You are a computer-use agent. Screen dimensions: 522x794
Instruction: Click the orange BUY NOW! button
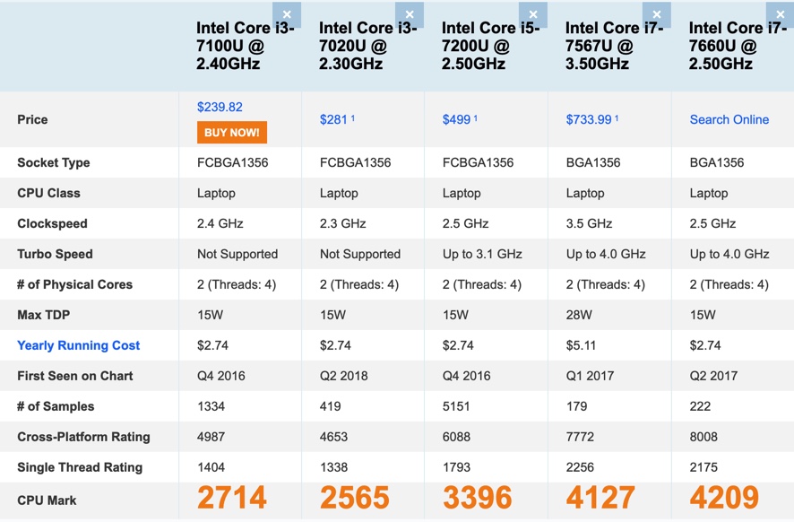click(231, 133)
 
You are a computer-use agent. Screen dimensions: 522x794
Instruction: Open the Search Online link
click(729, 119)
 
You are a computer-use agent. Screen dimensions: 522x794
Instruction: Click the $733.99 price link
click(589, 119)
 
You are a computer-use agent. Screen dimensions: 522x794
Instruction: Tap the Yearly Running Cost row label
click(79, 345)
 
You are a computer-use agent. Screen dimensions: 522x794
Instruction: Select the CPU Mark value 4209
click(724, 498)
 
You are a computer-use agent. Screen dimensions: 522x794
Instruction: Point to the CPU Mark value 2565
click(355, 498)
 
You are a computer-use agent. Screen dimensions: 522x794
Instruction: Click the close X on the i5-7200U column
click(533, 14)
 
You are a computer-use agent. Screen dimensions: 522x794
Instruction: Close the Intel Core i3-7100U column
click(287, 14)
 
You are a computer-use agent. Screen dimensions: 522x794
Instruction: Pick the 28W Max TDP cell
click(579, 315)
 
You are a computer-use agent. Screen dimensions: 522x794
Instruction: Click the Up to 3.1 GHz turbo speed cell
click(482, 254)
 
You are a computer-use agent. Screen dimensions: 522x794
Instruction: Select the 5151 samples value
click(456, 406)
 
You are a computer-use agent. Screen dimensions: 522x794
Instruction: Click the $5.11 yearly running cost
click(581, 345)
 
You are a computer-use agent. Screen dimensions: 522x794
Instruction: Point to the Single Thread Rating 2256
click(583, 467)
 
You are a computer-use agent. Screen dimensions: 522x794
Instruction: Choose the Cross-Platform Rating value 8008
click(704, 437)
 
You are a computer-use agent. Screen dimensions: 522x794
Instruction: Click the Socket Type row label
click(54, 162)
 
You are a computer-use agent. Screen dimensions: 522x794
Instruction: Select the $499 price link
click(456, 119)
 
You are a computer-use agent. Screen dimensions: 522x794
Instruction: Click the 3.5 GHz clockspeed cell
click(589, 223)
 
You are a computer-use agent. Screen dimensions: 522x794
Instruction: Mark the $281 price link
click(333, 119)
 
